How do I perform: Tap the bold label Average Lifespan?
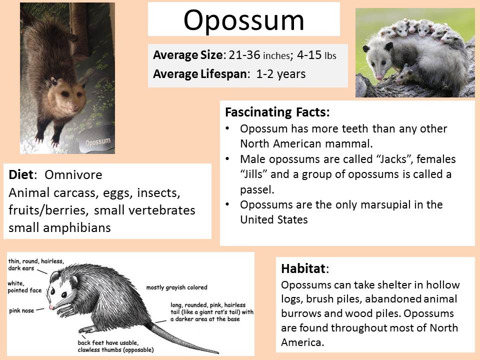click(x=200, y=74)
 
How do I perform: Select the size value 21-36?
click(x=244, y=55)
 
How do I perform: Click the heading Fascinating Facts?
click(x=277, y=112)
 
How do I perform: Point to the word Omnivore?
click(x=73, y=175)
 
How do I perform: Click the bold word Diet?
click(x=21, y=174)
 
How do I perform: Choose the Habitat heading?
click(x=303, y=268)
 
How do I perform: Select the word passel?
click(x=256, y=189)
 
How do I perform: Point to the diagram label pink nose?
click(x=21, y=310)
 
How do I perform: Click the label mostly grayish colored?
click(x=176, y=287)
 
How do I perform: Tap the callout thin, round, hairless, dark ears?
click(x=36, y=264)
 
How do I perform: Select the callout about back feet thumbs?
click(x=115, y=346)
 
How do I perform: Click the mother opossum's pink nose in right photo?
click(x=379, y=77)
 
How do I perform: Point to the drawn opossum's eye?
click(x=64, y=294)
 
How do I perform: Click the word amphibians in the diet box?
click(x=77, y=228)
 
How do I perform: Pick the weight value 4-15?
click(x=309, y=55)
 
